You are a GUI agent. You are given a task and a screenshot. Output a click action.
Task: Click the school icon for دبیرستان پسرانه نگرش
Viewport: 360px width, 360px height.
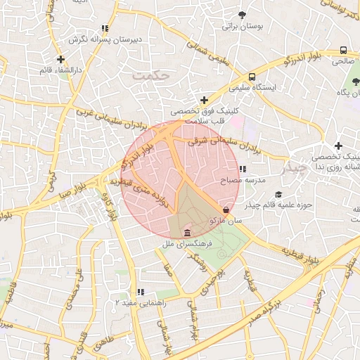coord(105,29)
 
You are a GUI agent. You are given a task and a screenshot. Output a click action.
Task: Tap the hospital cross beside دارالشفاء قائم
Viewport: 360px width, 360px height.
coord(61,60)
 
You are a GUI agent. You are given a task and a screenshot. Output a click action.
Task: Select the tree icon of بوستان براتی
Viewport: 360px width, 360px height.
coord(243,15)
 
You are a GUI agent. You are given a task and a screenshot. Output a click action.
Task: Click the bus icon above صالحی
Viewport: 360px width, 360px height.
coord(343,50)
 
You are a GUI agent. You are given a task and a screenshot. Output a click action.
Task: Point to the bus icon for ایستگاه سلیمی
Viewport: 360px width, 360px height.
coord(252,77)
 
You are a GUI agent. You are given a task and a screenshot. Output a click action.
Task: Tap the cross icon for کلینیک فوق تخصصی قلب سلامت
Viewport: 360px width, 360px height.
coord(204,101)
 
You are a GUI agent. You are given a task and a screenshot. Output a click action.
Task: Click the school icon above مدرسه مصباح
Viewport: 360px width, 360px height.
coord(243,169)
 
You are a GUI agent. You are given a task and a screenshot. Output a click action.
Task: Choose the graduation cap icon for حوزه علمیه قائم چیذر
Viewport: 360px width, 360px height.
coord(278,195)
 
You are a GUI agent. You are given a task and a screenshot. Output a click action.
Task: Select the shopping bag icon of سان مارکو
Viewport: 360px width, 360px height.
coord(226,210)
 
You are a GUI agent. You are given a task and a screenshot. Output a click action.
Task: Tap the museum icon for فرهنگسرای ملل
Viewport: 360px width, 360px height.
coord(186,233)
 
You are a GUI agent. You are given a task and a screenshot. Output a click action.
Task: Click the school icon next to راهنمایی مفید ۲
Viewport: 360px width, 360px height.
coord(141,292)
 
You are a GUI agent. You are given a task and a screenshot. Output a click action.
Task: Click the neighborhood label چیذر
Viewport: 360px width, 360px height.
coord(293,169)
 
